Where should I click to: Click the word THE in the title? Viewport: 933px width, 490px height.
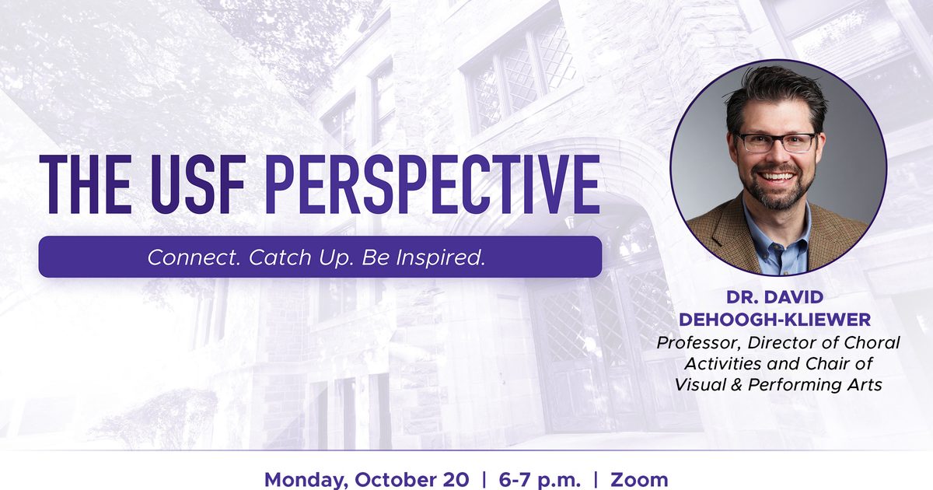(85, 184)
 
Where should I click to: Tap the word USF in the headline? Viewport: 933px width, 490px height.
(197, 184)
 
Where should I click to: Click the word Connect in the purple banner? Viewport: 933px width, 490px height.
(194, 257)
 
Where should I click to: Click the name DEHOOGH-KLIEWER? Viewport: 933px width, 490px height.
(774, 320)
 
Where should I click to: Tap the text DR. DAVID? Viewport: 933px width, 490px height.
(774, 297)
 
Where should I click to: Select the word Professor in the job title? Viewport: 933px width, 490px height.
(699, 343)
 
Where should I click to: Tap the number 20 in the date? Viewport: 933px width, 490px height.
(456, 480)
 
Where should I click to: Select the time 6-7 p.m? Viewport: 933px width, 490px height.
(540, 481)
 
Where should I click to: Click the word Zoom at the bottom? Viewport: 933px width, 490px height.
(639, 480)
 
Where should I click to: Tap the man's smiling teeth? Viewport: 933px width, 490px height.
(777, 177)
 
